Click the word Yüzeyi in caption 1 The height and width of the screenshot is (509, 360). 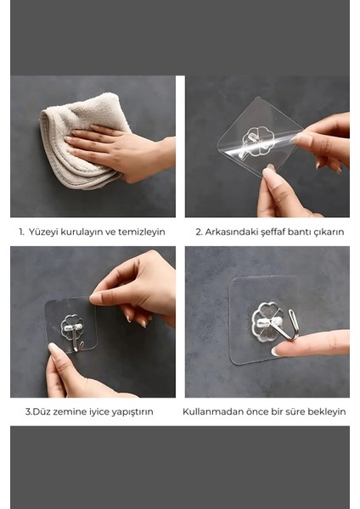click(x=48, y=232)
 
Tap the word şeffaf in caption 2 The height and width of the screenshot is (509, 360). click(x=272, y=232)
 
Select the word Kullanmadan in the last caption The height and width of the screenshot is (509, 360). click(x=211, y=411)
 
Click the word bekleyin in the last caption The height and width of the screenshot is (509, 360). click(x=326, y=411)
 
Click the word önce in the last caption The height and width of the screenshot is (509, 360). click(x=256, y=411)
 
